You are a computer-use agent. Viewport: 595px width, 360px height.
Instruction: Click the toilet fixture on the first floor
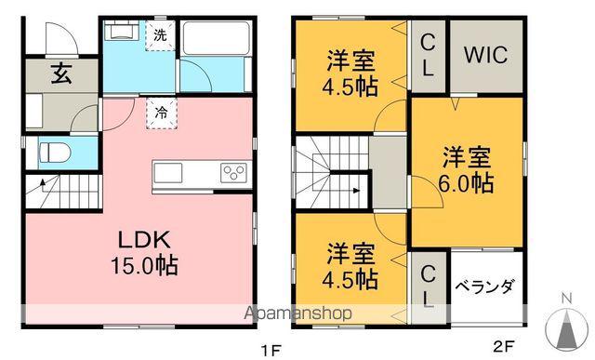[55, 153]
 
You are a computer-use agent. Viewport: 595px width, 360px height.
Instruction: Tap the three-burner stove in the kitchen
[233, 172]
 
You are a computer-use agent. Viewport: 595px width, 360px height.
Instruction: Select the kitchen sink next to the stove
[167, 173]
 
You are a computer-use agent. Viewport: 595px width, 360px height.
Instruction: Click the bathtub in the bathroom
[215, 37]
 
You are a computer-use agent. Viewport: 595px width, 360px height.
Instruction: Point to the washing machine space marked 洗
[160, 35]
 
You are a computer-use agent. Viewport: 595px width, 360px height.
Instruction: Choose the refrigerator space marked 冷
[161, 113]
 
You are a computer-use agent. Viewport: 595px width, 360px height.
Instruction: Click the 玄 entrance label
[61, 73]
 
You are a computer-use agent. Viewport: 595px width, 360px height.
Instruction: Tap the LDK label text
[144, 240]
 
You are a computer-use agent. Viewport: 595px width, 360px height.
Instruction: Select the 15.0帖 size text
[144, 265]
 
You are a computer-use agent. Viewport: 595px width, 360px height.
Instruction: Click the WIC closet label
[485, 55]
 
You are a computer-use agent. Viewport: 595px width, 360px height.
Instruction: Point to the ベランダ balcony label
[485, 287]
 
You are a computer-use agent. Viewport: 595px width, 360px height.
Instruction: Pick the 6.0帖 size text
[466, 183]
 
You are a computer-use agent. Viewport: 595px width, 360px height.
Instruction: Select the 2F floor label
[504, 346]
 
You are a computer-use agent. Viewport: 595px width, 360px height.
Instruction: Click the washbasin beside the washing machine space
[122, 32]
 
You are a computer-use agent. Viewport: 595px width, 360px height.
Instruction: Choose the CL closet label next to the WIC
[428, 55]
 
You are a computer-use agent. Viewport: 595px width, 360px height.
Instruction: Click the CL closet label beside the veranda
[428, 286]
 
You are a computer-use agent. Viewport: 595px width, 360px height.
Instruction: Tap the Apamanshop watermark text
[297, 313]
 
